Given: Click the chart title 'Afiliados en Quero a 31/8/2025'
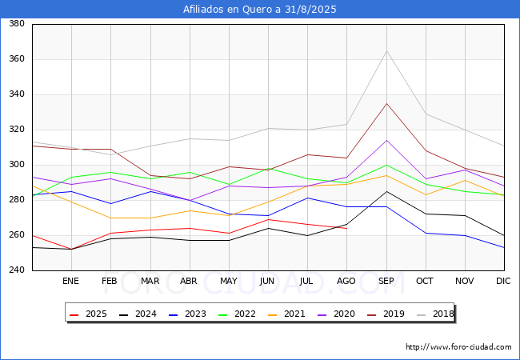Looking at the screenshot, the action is tap(260, 10).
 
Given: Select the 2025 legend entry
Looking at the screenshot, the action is tap(88, 314).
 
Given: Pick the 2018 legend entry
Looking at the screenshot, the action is tap(435, 314).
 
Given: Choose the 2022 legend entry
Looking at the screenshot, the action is tap(237, 314).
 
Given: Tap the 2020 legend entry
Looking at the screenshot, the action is tap(336, 314).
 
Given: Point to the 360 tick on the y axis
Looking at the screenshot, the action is tap(17, 59).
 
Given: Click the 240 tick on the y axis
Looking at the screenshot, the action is tap(17, 270).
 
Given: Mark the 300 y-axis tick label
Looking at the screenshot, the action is tap(17, 165).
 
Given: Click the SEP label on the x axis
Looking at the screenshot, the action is tap(386, 281).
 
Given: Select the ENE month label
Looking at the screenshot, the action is tap(70, 281).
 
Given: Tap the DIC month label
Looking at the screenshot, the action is tap(503, 281).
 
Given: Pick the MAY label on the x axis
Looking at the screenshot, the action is tap(229, 281).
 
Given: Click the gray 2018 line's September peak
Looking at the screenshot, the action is tap(386, 50).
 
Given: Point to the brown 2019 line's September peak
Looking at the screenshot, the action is tap(386, 103).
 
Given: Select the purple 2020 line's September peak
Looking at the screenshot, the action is tap(386, 140).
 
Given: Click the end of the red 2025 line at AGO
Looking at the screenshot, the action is tap(347, 228).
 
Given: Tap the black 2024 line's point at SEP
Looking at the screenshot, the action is tap(386, 191).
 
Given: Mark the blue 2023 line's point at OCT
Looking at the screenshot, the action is tap(426, 233).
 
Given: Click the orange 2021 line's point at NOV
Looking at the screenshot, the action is tap(466, 180).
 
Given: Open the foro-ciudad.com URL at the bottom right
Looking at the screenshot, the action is tap(458, 347).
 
